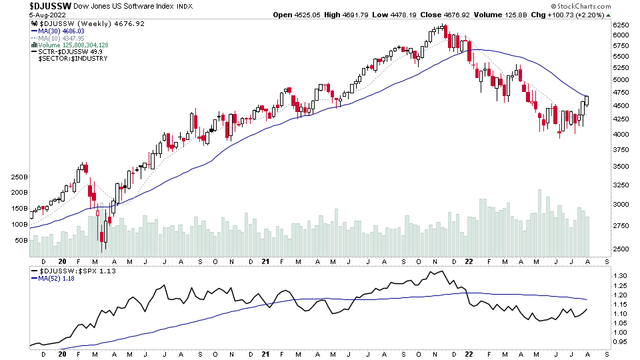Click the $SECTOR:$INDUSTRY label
coord(68,59)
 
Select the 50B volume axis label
coord(20,240)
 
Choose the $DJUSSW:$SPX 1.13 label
coord(67,271)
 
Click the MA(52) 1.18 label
coord(55,279)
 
